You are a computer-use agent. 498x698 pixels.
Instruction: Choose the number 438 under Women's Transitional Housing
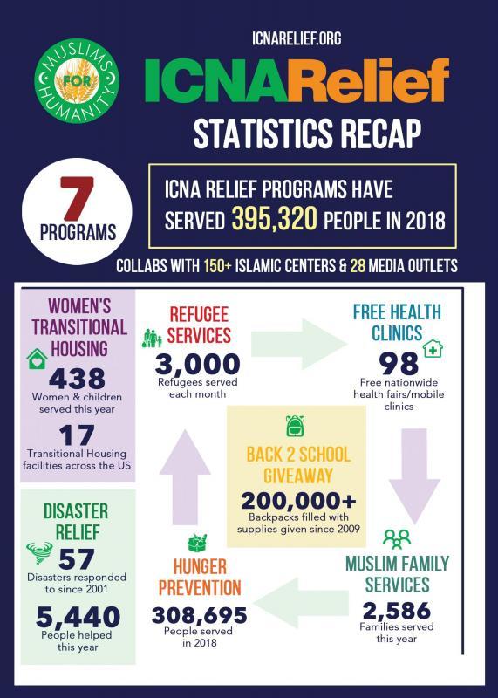[x=78, y=379]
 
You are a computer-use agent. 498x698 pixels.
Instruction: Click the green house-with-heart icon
[x=38, y=359]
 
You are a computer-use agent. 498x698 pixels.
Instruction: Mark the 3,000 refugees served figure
[x=197, y=363]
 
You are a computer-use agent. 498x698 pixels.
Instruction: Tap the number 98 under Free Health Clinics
[x=399, y=363]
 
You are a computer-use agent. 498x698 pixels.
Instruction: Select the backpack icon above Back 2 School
[x=294, y=426]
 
